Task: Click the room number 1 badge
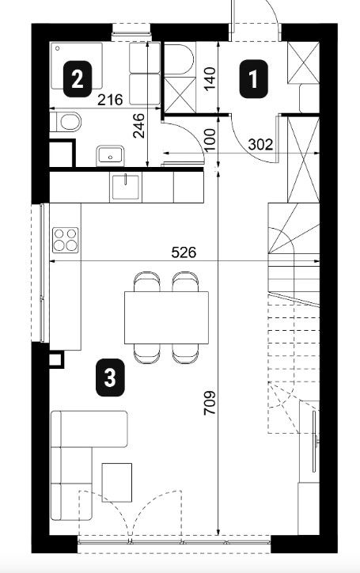tap(254, 78)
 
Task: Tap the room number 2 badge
tap(77, 79)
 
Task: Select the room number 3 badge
tap(110, 378)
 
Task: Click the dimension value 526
tap(184, 252)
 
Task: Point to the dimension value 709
tap(210, 403)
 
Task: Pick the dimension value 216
tap(110, 100)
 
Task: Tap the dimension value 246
tap(138, 126)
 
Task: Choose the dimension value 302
tap(260, 145)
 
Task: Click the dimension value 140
tap(210, 79)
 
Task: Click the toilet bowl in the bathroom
tap(68, 122)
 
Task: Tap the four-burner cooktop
tap(66, 240)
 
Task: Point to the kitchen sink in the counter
tap(125, 187)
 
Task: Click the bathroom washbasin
tap(110, 156)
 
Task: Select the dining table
tap(166, 317)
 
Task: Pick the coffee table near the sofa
tap(116, 482)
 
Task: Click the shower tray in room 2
tap(77, 66)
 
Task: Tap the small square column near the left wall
tap(56, 359)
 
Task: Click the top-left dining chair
tap(147, 282)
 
